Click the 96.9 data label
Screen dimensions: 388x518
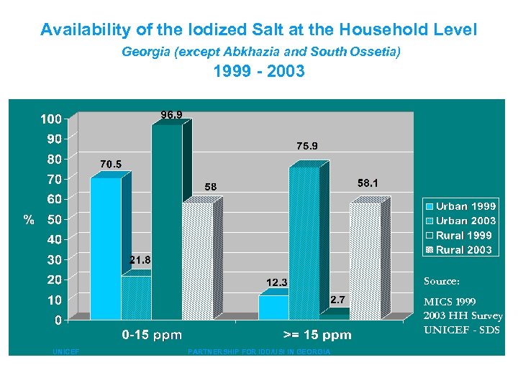pos(171,114)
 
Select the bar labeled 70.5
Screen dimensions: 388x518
pos(106,248)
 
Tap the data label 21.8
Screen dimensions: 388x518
pos(140,259)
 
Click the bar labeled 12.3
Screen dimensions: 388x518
pos(273,307)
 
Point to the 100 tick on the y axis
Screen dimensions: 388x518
pos(50,118)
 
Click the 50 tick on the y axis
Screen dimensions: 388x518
pos(54,219)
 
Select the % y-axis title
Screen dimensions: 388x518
pos(29,220)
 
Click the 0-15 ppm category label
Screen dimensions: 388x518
pos(152,335)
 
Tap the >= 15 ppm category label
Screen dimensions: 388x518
pos(317,335)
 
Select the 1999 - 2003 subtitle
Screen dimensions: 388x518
pos(259,72)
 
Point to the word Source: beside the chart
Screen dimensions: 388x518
pos(442,282)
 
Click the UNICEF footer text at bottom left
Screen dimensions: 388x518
pos(66,352)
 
